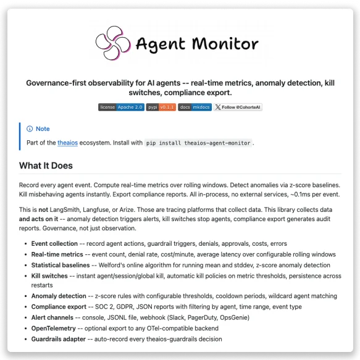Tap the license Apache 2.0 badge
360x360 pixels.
click(x=121, y=107)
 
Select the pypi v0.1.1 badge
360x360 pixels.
click(x=161, y=107)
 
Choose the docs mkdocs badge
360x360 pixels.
click(x=195, y=107)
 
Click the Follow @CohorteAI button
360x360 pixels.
click(x=238, y=107)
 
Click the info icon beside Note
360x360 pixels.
click(x=30, y=129)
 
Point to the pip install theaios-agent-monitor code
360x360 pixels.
click(x=199, y=143)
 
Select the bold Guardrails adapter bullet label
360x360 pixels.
click(x=61, y=338)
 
